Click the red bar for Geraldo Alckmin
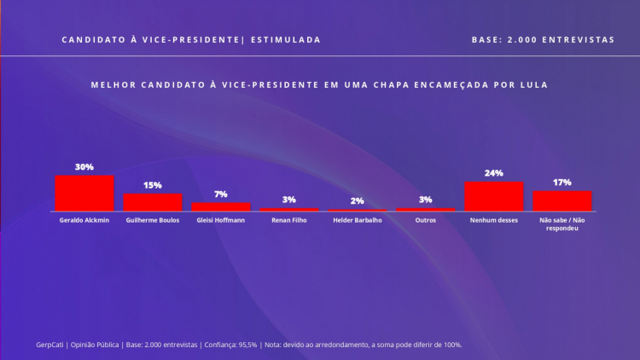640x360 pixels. point(84,193)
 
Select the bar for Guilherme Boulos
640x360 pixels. point(153,202)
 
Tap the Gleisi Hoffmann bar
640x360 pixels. point(221,206)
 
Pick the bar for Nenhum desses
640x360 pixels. point(494,196)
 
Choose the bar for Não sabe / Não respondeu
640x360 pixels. point(562,200)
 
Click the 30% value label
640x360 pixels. point(84,167)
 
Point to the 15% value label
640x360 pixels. point(153,185)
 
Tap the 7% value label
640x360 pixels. point(221,195)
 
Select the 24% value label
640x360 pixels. point(494,173)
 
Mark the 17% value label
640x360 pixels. point(562,183)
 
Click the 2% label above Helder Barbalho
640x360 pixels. point(358,200)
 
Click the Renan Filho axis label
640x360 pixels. point(289,221)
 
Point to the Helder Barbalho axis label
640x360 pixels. point(358,221)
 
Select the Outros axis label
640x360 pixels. point(426,221)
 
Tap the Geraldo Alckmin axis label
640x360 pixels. point(84,221)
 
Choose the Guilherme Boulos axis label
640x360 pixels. point(153,221)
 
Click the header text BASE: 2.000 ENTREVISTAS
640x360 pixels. point(543,40)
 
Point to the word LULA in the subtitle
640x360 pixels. point(532,85)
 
